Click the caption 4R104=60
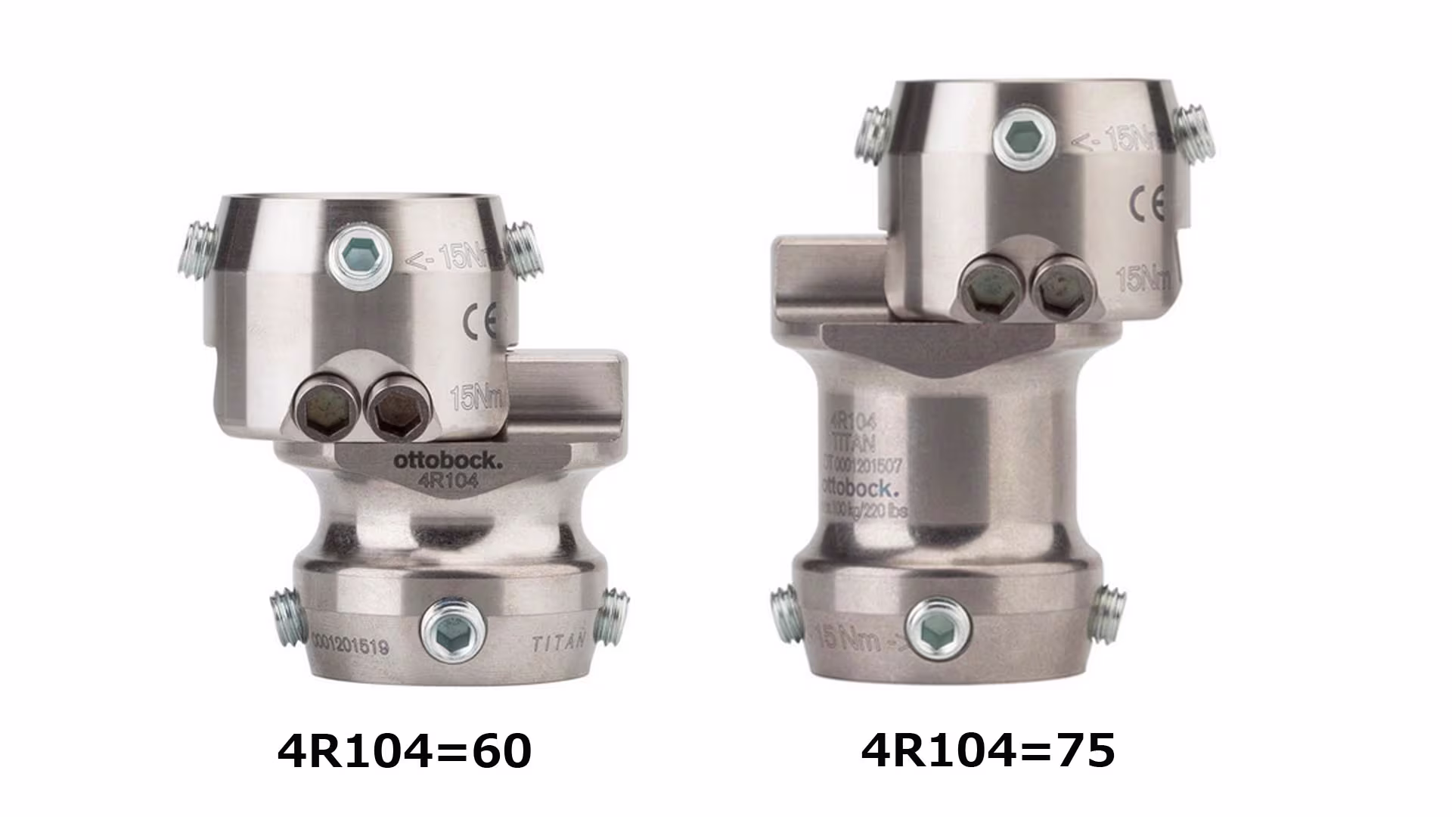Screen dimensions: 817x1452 tap(405, 752)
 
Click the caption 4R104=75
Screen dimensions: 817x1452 tap(988, 750)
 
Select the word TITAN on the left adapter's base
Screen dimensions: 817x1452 tap(559, 644)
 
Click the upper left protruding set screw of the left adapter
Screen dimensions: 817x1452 tap(197, 248)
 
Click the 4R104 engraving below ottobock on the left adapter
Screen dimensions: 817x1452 tap(447, 480)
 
